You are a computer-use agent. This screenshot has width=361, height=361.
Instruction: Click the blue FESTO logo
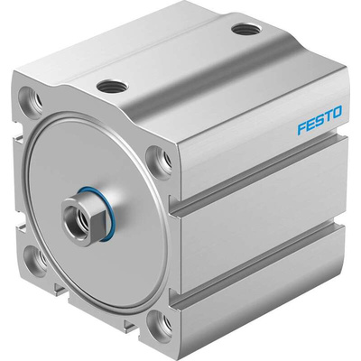click(x=319, y=119)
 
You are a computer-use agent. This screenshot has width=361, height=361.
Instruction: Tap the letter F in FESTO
click(x=302, y=127)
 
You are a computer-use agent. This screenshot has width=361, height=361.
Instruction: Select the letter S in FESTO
click(x=319, y=119)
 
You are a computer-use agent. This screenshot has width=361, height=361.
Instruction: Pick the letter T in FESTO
click(x=329, y=116)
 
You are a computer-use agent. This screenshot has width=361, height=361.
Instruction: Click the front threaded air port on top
click(x=113, y=87)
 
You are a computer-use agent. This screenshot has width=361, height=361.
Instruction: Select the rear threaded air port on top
click(x=246, y=30)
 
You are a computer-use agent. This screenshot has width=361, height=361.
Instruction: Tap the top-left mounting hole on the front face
click(x=31, y=98)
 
